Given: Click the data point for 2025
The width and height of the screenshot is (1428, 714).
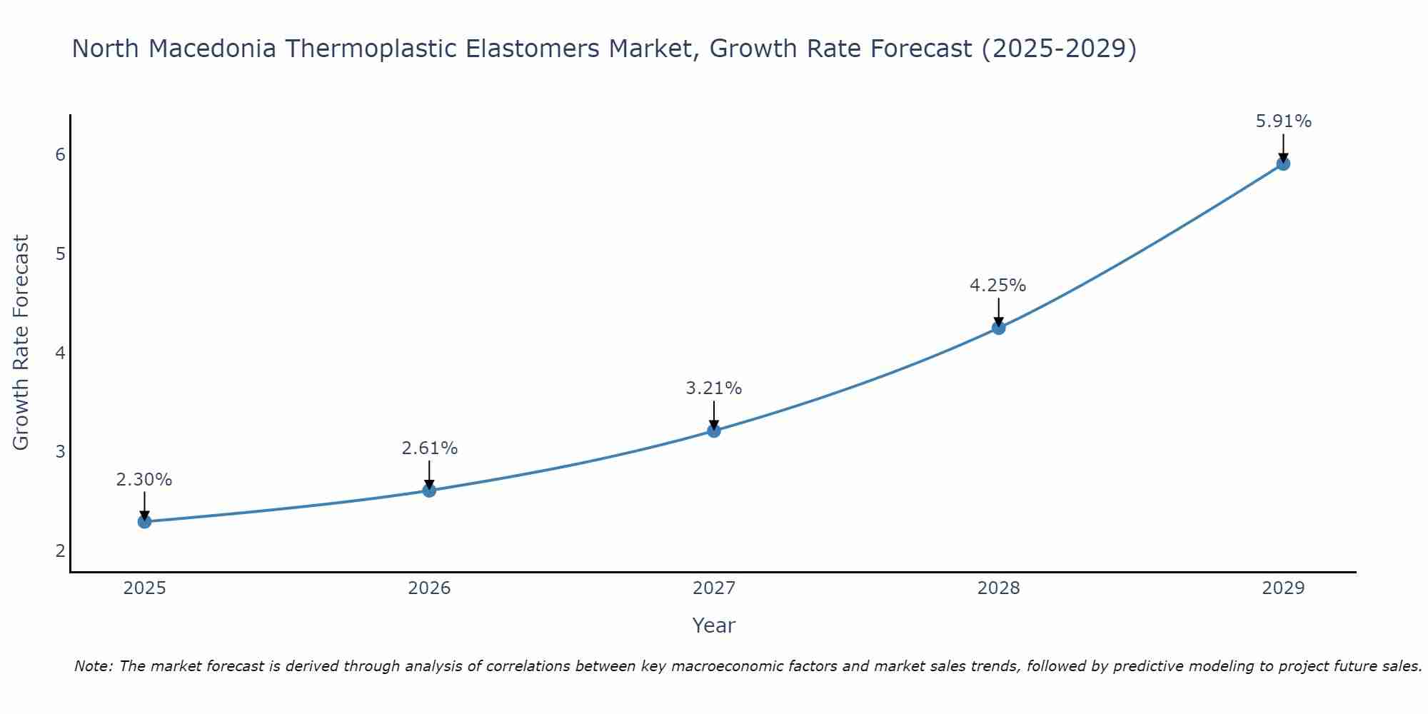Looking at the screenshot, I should [144, 521].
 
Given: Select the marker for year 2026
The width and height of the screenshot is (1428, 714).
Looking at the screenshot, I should [429, 490].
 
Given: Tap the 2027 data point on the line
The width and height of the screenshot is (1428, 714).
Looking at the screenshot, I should [713, 431].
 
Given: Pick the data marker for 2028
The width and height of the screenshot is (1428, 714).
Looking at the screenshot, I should [998, 328].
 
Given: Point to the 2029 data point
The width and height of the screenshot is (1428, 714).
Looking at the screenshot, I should [1283, 164].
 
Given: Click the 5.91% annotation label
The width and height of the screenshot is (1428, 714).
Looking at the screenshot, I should [1283, 121].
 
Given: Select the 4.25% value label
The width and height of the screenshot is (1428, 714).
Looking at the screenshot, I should [997, 286].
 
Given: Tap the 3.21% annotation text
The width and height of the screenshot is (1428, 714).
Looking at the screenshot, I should [713, 388].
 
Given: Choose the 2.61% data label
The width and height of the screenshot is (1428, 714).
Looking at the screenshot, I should [429, 448].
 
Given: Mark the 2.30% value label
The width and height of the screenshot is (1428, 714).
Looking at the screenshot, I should [144, 480].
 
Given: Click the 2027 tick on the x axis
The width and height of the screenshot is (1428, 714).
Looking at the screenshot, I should [713, 588].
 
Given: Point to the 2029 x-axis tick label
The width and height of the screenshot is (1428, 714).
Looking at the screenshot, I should [1283, 588].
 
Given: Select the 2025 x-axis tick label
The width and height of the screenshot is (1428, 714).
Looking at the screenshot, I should [144, 588].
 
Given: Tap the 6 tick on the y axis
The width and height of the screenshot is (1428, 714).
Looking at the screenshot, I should [60, 155].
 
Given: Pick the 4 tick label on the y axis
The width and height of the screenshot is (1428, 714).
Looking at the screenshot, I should [60, 353].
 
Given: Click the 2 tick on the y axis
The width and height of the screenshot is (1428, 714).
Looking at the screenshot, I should [60, 550].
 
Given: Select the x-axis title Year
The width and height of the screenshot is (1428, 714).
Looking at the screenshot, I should [713, 625].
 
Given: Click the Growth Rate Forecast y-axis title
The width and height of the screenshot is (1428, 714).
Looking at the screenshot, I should [21, 343].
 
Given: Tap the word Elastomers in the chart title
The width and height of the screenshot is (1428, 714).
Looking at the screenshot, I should [533, 49].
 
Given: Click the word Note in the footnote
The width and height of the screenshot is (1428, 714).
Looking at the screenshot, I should [93, 666].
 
